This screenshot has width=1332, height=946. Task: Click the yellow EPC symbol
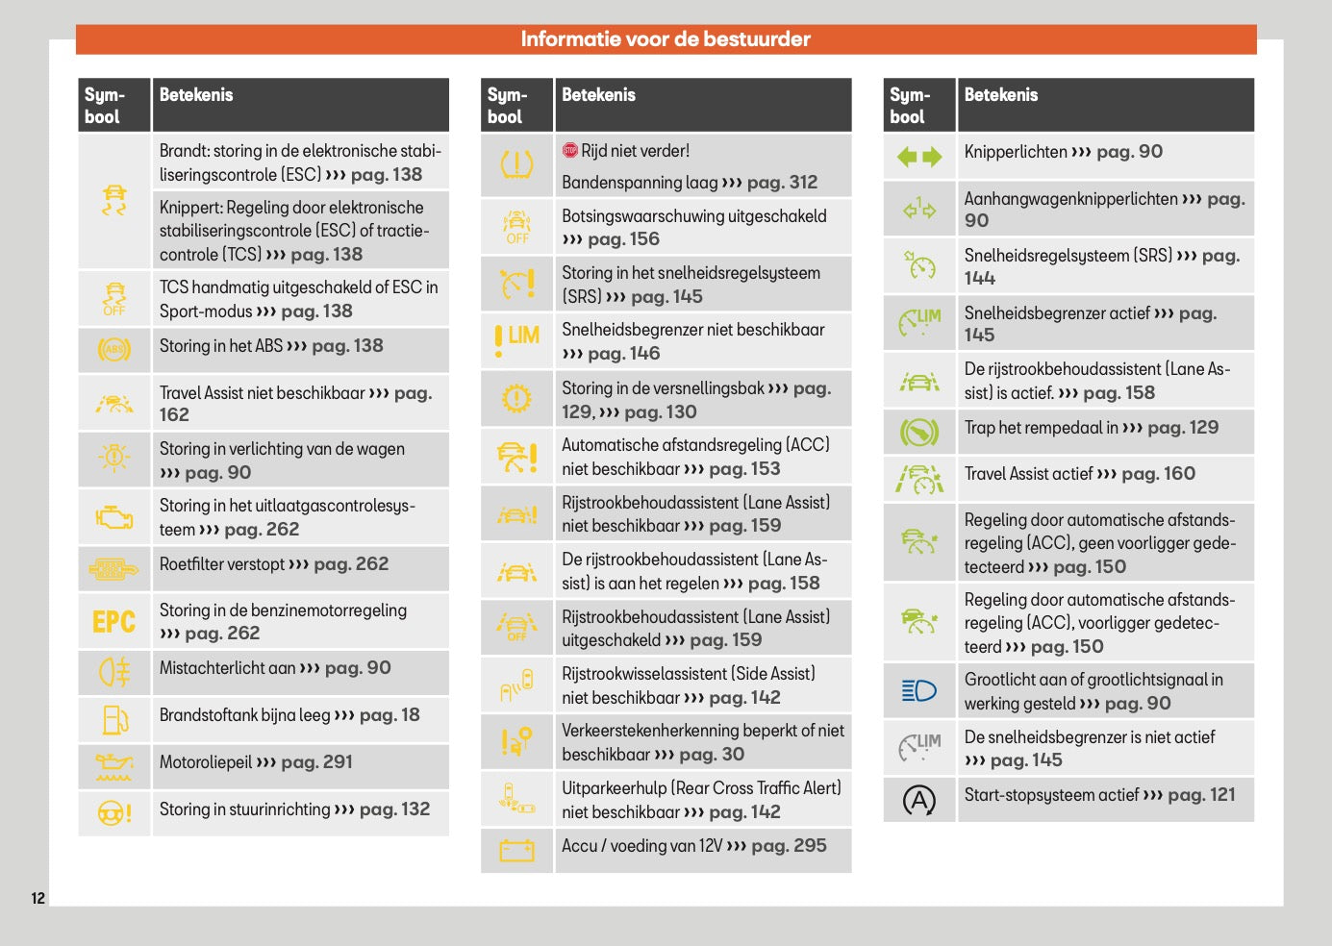click(113, 622)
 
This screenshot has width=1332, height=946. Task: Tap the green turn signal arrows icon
click(918, 157)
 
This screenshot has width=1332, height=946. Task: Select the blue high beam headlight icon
click(918, 690)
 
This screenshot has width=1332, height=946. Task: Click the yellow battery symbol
click(516, 850)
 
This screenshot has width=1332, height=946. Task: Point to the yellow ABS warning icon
click(113, 349)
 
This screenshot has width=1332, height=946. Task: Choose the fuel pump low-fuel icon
click(113, 718)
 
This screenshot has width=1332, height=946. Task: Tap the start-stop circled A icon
click(918, 800)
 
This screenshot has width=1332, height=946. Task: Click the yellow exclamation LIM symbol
click(516, 338)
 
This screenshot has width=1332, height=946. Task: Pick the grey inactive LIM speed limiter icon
click(918, 746)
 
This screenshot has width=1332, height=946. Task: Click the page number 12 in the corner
click(38, 898)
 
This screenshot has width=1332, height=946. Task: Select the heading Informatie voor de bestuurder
click(666, 39)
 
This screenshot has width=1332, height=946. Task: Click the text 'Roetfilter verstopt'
click(221, 564)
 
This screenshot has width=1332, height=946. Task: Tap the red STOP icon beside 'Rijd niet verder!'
click(570, 150)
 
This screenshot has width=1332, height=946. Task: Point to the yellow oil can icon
click(113, 766)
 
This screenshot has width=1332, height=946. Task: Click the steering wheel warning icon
click(113, 813)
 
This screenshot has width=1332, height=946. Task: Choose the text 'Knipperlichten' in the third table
click(1015, 152)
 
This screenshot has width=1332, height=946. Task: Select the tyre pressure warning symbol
click(516, 165)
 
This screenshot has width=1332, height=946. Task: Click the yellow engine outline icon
click(113, 517)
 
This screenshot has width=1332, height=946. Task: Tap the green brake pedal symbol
click(918, 432)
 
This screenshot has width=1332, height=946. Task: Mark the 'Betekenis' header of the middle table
click(598, 94)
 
